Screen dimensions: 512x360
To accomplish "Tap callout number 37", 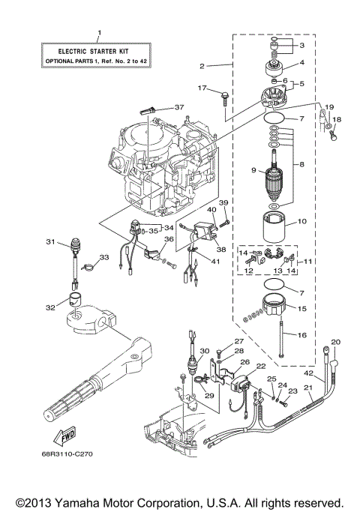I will [178, 107].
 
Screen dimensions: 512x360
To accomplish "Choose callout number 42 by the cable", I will [307, 373].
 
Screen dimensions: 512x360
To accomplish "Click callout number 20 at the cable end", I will [335, 341].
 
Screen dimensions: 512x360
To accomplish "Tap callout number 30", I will [204, 349].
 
